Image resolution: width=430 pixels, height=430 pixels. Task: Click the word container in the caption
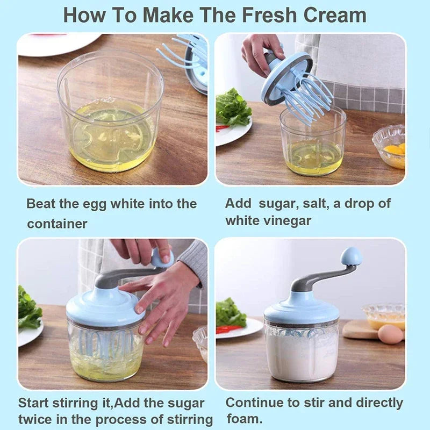point(57,223)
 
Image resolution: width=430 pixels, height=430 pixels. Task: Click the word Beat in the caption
point(40,204)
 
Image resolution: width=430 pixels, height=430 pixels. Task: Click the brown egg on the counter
point(390,334)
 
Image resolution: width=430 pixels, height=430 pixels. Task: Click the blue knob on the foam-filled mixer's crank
point(352,256)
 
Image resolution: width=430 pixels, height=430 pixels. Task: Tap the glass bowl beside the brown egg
point(382,314)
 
